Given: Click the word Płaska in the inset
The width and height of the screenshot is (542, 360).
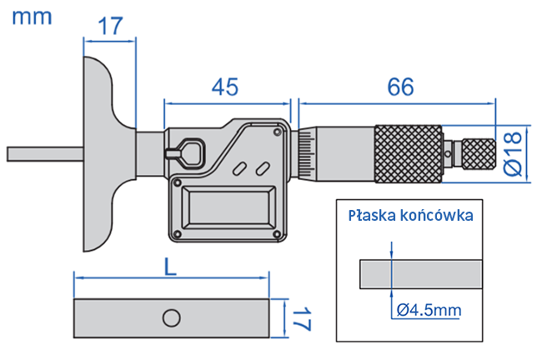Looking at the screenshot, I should click(373, 215).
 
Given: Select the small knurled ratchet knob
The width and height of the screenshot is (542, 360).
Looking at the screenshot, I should click(479, 153).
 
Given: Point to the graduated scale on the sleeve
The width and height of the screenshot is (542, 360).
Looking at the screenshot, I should click(308, 153).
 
